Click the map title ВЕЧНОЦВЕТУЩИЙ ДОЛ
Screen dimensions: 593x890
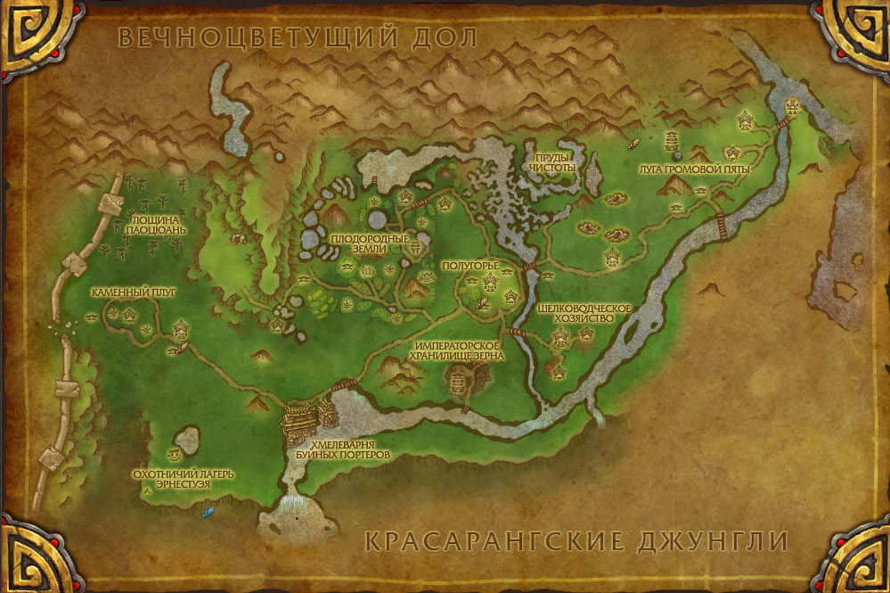[298, 37]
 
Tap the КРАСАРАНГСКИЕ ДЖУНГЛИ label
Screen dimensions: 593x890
[576, 541]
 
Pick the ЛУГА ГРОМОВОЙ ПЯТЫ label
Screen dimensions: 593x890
[694, 169]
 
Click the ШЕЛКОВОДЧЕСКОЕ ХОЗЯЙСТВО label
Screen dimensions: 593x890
[584, 313]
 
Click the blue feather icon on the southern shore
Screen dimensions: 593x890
[209, 512]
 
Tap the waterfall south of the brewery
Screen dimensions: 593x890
[293, 509]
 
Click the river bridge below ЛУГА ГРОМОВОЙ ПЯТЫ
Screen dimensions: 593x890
[714, 222]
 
